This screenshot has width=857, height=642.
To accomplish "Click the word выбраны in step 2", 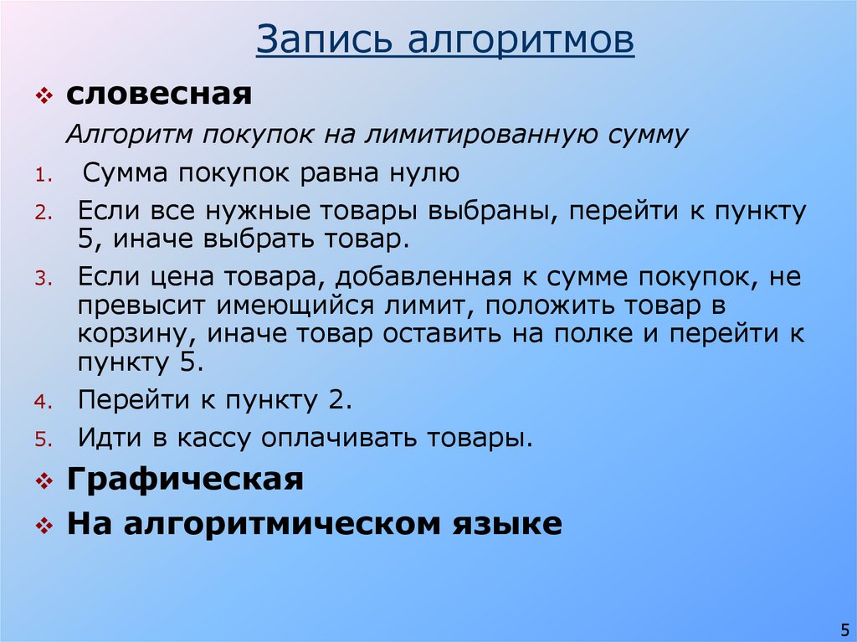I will pyautogui.click(x=494, y=210).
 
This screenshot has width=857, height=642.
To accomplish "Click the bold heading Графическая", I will pyautogui.click(x=185, y=480).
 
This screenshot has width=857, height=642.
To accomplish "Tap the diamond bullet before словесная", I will pyautogui.click(x=44, y=95).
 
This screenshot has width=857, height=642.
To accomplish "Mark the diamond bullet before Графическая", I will pyautogui.click(x=44, y=482).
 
